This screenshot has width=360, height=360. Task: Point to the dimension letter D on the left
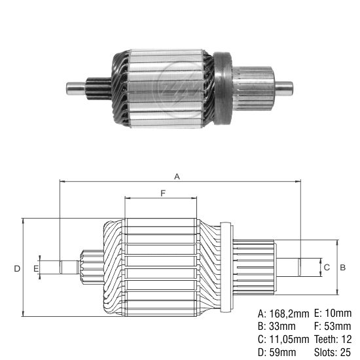[18, 268]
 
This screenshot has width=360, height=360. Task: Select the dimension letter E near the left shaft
[36, 268]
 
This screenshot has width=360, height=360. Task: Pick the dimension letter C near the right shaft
[327, 267]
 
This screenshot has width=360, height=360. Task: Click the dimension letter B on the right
[342, 267]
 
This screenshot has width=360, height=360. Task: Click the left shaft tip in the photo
[71, 86]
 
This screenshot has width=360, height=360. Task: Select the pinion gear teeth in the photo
[96, 86]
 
